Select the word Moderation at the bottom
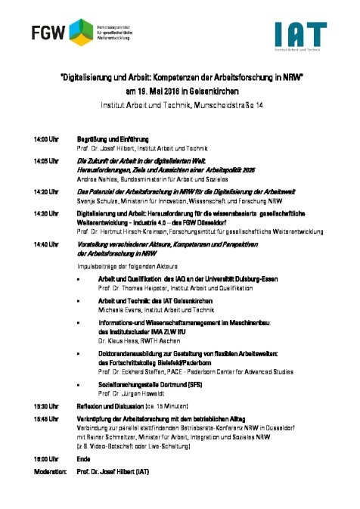pos(47,470)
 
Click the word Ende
pos(84,458)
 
